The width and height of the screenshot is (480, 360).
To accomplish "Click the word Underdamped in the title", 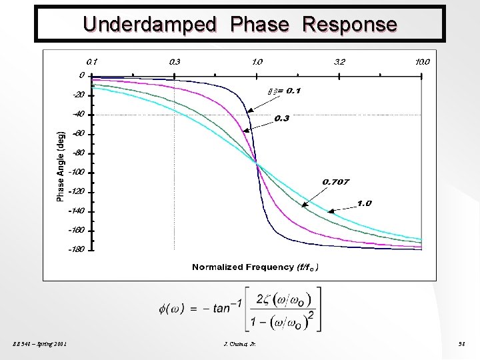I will tap(150, 25).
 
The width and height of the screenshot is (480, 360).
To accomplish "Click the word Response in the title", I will tap(349, 25).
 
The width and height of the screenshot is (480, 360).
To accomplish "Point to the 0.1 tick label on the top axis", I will tap(92, 61).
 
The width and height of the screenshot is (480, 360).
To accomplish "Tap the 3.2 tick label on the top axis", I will tap(339, 61).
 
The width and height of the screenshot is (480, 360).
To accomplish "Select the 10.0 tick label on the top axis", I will tap(423, 61).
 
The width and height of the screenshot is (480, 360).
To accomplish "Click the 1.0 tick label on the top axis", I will tap(257, 61).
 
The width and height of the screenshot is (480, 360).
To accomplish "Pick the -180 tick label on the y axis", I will tap(77, 250).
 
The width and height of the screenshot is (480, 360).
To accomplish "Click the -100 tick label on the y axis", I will tap(77, 172).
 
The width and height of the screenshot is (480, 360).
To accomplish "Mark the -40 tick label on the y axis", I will tap(78, 113).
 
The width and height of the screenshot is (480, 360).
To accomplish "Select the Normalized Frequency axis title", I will tap(256, 267).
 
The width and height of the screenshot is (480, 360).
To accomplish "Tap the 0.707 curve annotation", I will tap(336, 181).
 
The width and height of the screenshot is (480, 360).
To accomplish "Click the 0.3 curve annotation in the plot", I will tap(282, 119).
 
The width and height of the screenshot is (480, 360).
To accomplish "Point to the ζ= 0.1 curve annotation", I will tap(283, 90).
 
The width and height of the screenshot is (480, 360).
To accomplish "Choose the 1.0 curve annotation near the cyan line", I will tap(364, 203).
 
